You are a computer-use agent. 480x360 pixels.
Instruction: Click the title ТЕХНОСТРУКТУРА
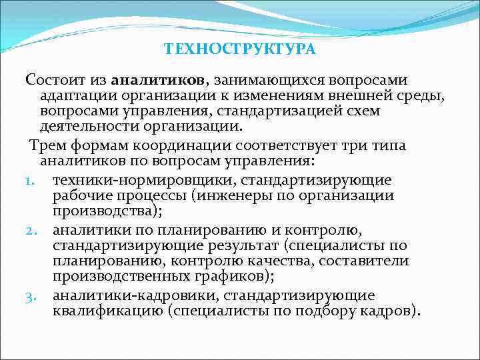click(x=239, y=49)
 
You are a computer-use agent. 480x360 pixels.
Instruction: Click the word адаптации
click(x=73, y=96)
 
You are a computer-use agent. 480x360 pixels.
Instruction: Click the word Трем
click(x=45, y=145)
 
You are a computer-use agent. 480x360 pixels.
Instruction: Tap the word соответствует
click(x=293, y=145)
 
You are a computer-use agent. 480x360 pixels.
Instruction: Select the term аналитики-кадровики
click(x=137, y=295)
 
